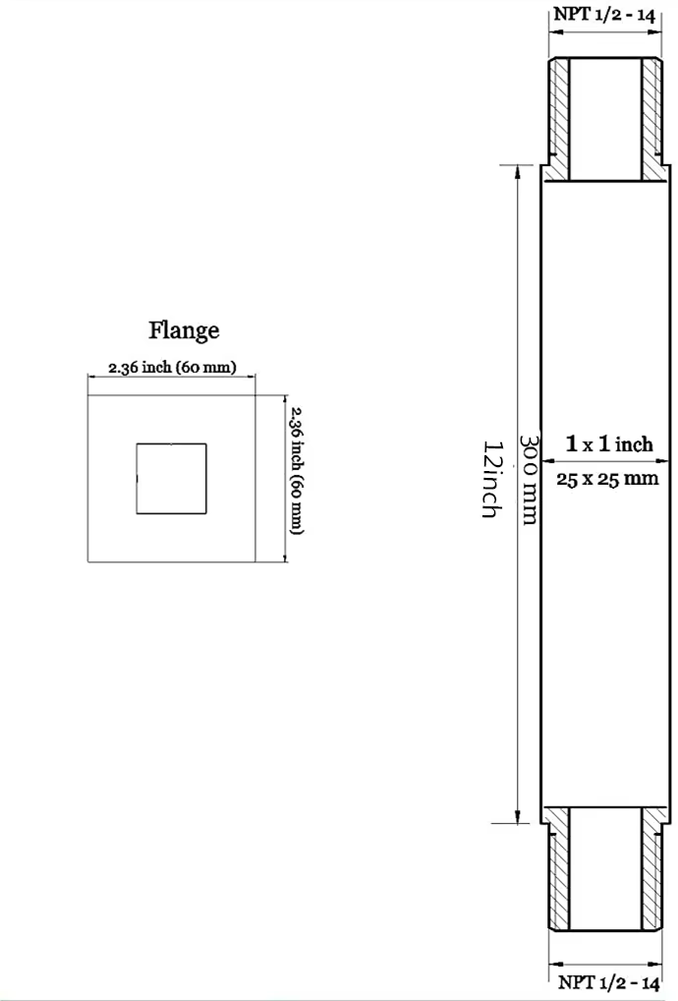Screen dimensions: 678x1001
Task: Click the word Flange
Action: pos(184,330)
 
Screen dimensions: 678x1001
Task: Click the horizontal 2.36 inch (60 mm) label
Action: pos(172,367)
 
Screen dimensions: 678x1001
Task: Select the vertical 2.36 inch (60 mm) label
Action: pos(296,470)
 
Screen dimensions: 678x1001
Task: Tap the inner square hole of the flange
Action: pos(172,479)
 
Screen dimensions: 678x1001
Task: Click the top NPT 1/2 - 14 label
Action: pos(604,14)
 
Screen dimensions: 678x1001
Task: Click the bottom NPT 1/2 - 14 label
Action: pos(608,982)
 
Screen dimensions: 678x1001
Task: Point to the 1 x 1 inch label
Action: pos(609,443)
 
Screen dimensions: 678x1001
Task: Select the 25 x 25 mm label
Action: pos(607,478)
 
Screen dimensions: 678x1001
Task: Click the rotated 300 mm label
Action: pos(530,480)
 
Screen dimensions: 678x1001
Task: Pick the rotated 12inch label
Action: pos(491,478)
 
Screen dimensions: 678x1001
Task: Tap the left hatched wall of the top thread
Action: pos(559,119)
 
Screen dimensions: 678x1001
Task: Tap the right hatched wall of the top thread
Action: pos(651,119)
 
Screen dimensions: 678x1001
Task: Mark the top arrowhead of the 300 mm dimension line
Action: pos(517,172)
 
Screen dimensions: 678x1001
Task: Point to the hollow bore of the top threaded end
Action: pos(605,119)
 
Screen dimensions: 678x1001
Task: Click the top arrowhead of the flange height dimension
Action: pos(285,400)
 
